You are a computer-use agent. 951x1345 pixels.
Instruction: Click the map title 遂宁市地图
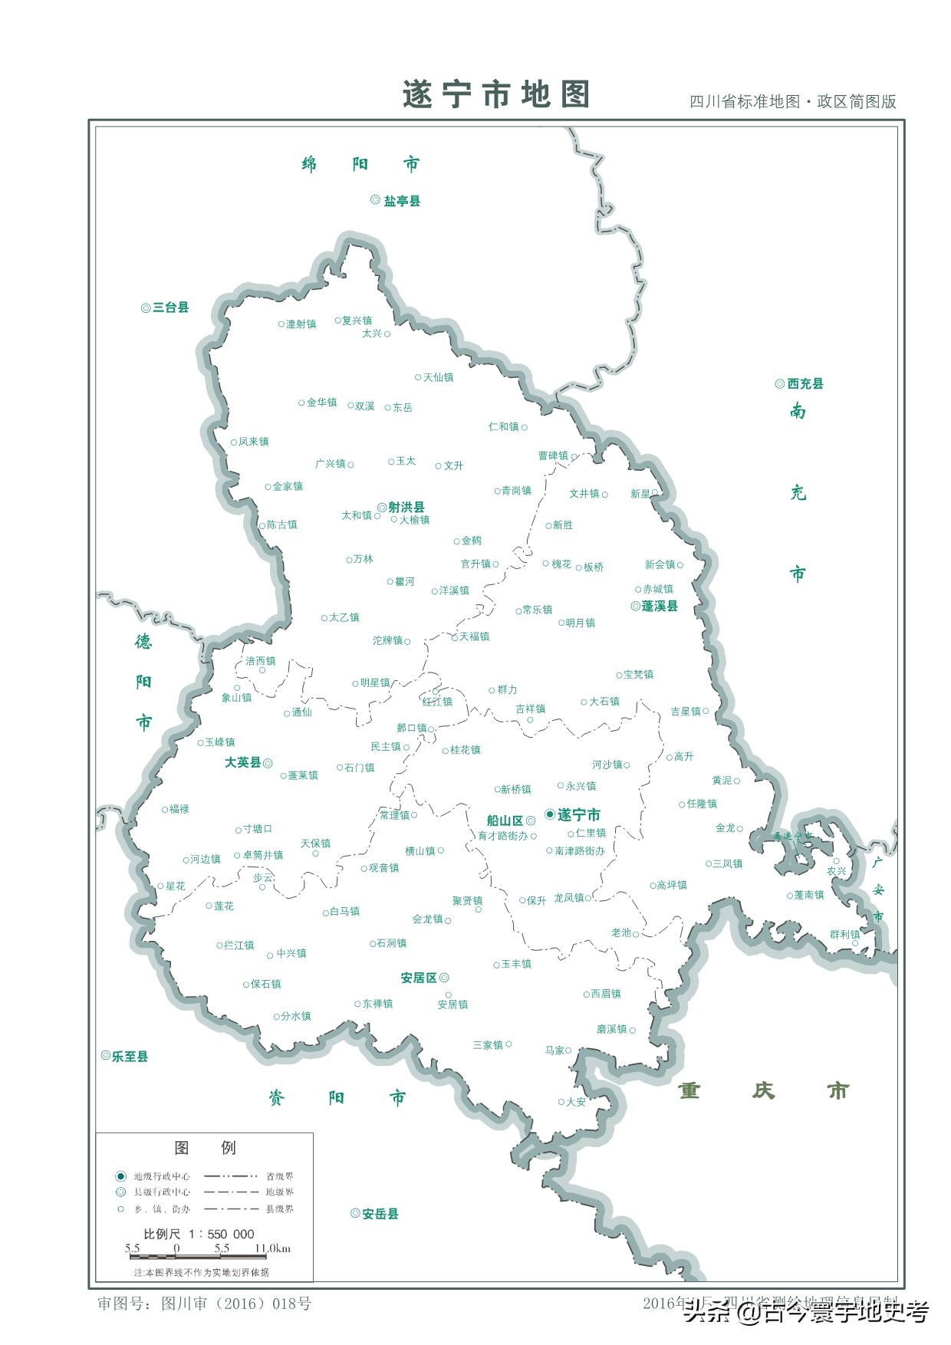coord(496,95)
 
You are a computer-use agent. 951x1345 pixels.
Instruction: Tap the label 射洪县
coord(406,507)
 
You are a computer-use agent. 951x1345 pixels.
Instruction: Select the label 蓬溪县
coord(660,606)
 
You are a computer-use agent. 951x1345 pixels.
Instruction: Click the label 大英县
coord(242,762)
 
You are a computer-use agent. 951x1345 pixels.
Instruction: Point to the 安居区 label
coord(419,978)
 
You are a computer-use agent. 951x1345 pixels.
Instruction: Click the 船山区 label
coord(505,820)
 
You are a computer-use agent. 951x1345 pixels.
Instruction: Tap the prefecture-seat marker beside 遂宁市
coord(550,814)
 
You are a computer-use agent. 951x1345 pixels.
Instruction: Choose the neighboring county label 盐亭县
coord(402,201)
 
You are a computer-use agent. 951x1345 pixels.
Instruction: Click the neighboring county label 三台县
coord(170,307)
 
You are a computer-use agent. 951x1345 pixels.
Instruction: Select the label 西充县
coord(805,383)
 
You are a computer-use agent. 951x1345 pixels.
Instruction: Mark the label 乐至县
coord(130,1057)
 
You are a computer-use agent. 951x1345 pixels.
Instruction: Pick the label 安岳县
coord(380,1214)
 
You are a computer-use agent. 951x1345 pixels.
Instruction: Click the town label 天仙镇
coord(439,377)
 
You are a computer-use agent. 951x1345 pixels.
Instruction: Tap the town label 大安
coord(576,1102)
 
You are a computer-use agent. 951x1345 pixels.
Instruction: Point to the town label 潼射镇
coord(301,324)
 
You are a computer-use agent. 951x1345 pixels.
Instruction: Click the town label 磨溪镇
coord(612,1029)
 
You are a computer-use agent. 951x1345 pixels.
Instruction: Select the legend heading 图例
coord(205,1148)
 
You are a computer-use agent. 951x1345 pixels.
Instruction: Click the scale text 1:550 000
coord(222,1234)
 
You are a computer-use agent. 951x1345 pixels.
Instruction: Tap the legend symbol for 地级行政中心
coord(120,1176)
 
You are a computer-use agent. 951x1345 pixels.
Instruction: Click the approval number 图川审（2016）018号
coord(236,1304)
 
